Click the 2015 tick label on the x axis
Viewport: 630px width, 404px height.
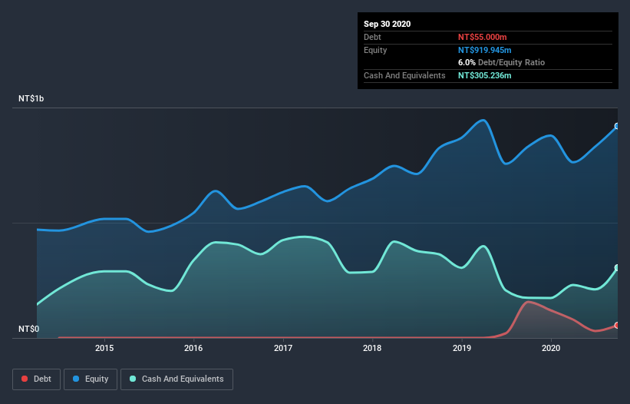pyautogui.click(x=104, y=348)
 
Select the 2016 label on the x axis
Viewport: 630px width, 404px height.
pyautogui.click(x=194, y=348)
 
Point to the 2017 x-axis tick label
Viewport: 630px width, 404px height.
pyautogui.click(x=283, y=348)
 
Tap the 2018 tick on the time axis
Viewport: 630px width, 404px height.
pyautogui.click(x=372, y=348)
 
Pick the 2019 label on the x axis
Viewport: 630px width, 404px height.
pyautogui.click(x=462, y=348)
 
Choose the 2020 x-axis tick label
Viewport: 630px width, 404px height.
pyautogui.click(x=551, y=348)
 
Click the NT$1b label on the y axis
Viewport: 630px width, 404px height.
pyautogui.click(x=34, y=99)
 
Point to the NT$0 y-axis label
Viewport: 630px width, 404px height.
pyautogui.click(x=28, y=329)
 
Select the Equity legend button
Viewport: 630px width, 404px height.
pyautogui.click(x=91, y=379)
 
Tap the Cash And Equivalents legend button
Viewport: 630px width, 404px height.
pyautogui.click(x=176, y=379)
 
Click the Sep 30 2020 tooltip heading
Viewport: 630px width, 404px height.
pyautogui.click(x=387, y=24)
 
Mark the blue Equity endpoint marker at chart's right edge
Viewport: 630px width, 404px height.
pyautogui.click(x=616, y=126)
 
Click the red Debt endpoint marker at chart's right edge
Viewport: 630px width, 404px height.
pyautogui.click(x=616, y=326)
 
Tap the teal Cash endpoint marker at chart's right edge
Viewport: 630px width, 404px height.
pyautogui.click(x=616, y=268)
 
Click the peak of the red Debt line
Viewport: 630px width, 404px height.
pyautogui.click(x=527, y=301)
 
